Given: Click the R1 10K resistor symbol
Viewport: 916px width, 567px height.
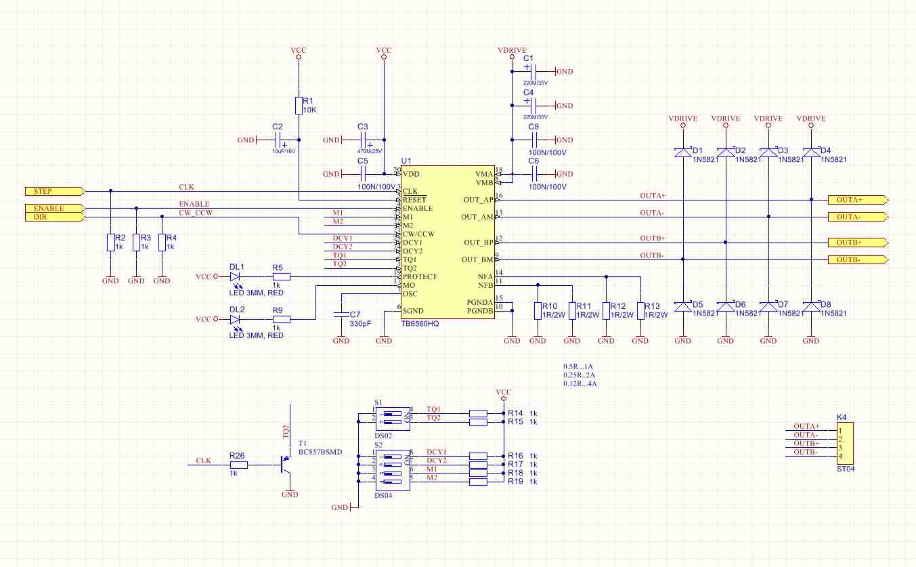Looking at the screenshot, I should click(299, 106).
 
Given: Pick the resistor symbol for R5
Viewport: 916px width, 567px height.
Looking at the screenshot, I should click(281, 276).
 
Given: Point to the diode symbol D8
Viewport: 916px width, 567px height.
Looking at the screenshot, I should click(811, 307).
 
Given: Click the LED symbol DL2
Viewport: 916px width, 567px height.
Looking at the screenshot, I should click(236, 319).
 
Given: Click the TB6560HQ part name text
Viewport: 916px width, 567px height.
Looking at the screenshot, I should click(420, 324).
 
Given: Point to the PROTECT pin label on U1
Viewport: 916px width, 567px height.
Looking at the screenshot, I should click(419, 276).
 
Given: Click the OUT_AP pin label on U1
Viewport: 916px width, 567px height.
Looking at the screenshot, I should click(479, 200).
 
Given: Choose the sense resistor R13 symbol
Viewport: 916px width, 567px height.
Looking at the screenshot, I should click(640, 310).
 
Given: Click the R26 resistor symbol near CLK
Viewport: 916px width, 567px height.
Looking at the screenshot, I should click(238, 465).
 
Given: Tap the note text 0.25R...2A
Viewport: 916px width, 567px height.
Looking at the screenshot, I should click(580, 375).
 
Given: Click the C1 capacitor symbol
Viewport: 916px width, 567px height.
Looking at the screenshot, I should click(533, 71).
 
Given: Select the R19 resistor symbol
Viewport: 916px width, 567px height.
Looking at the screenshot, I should click(478, 482).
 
